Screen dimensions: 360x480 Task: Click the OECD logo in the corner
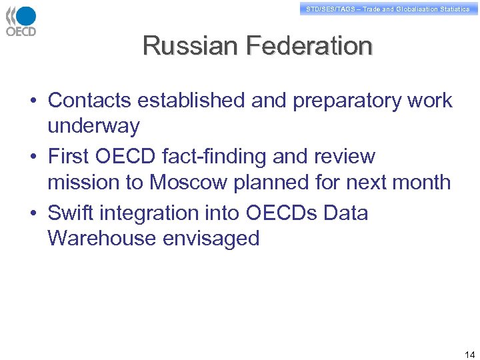point(21,21)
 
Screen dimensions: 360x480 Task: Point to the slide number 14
point(469,354)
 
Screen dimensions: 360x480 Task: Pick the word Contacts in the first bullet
point(89,101)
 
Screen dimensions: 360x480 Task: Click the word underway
point(93,126)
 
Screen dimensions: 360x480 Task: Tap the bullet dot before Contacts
point(33,101)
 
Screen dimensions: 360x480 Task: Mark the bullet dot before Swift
point(33,214)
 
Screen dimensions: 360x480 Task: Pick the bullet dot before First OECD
point(33,157)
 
